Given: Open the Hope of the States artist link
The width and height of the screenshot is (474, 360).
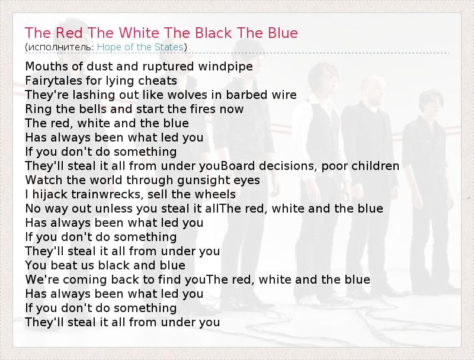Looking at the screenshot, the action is point(140,47).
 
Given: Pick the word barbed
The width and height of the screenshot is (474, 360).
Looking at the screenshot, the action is point(246,95).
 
